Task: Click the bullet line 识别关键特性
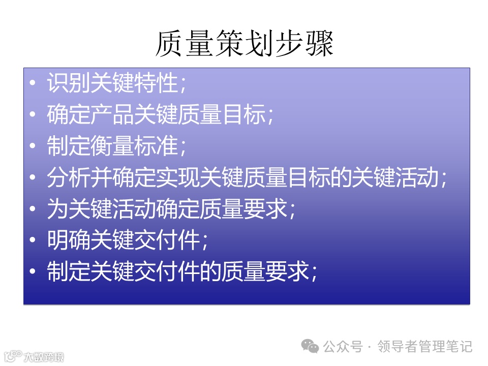117,83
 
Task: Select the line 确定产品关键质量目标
160,115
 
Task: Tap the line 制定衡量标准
117,146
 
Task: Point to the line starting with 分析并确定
247,178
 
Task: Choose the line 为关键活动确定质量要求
171,209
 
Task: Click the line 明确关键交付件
127,240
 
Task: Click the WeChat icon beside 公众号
310,346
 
